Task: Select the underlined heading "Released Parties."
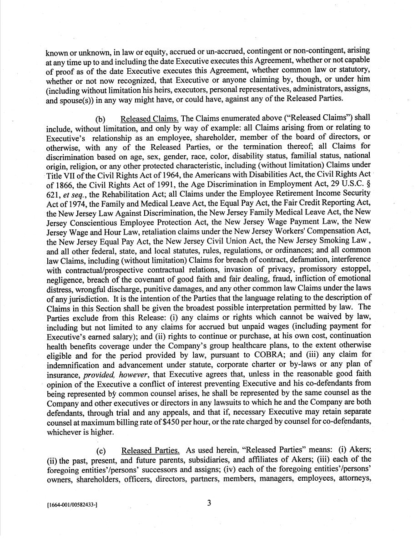(151, 451)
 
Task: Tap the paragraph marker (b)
(101, 120)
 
